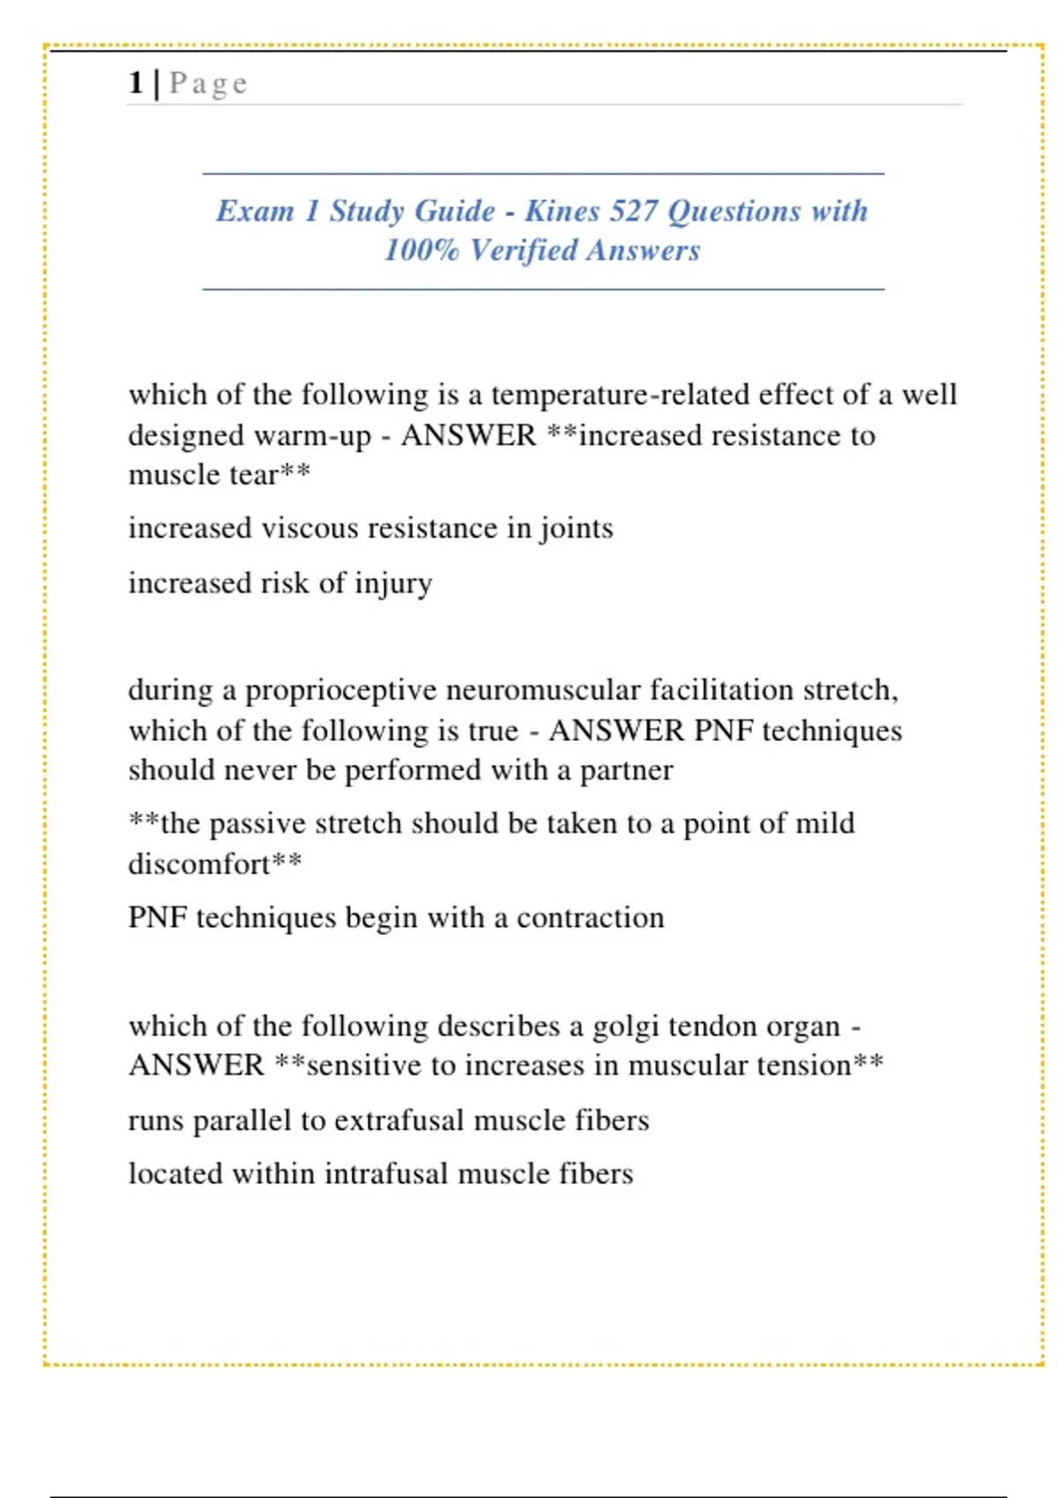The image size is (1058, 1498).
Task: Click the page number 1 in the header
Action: [x=136, y=83]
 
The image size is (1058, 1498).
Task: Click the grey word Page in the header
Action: [x=208, y=84]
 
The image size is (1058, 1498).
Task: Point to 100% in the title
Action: [x=421, y=250]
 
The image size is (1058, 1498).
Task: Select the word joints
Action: [x=576, y=530]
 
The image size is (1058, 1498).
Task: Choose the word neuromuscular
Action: [x=543, y=690]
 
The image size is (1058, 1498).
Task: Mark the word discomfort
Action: [x=199, y=864]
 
